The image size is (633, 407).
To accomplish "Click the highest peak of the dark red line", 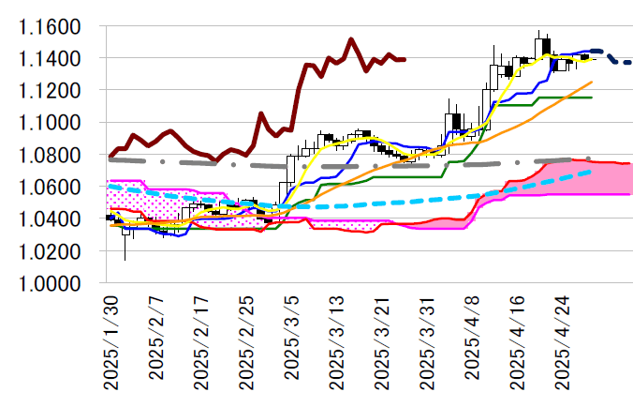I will coord(350,39).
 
